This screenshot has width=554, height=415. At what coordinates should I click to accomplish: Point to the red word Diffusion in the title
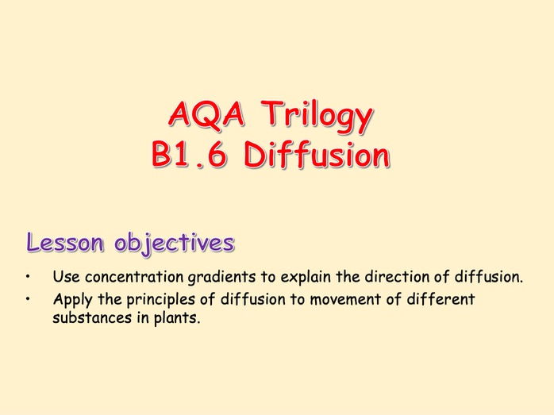[x=317, y=156]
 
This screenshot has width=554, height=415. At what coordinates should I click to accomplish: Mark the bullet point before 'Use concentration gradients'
[x=28, y=278]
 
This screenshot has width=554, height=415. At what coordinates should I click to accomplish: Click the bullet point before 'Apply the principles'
[x=28, y=300]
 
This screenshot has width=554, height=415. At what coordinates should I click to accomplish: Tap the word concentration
[x=130, y=278]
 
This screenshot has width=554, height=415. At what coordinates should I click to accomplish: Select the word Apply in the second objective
[x=71, y=300]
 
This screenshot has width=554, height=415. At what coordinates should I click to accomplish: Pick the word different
[x=433, y=300]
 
